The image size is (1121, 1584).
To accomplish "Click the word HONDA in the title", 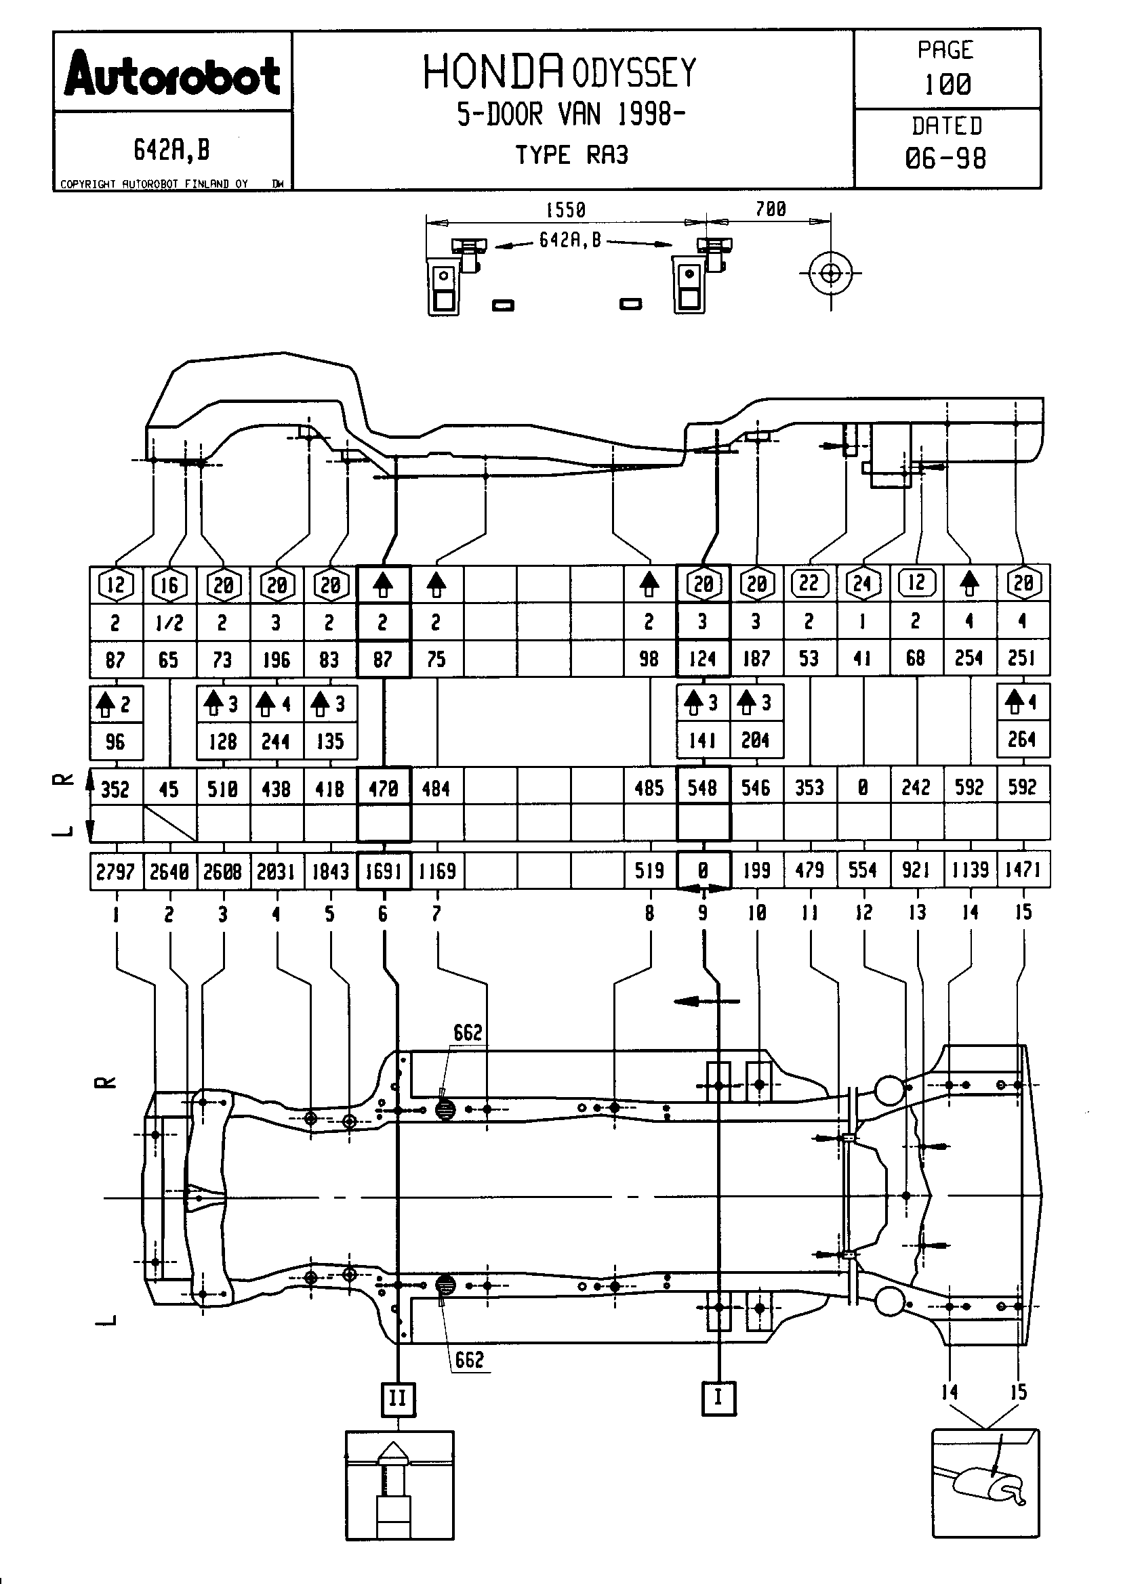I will pyautogui.click(x=492, y=72).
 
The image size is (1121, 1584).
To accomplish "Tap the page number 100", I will pyautogui.click(x=947, y=84).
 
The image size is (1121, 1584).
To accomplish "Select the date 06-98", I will pyautogui.click(x=945, y=158).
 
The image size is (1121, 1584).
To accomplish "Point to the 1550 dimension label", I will pyautogui.click(x=565, y=210).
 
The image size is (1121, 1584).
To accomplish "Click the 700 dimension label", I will pyautogui.click(x=771, y=209).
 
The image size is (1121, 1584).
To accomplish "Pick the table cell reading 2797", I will pyautogui.click(x=115, y=872).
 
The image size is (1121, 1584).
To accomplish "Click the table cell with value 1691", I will pyautogui.click(x=383, y=871).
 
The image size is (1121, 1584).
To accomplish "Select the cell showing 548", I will pyautogui.click(x=703, y=787).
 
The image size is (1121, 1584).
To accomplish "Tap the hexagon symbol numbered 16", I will pyautogui.click(x=169, y=585).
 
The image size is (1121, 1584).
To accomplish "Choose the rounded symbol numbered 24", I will pyautogui.click(x=863, y=584).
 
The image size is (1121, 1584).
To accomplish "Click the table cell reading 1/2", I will pyautogui.click(x=169, y=623).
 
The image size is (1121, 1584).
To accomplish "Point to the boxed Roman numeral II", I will pyautogui.click(x=398, y=1399).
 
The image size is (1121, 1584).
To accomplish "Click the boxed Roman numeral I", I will pyautogui.click(x=718, y=1398).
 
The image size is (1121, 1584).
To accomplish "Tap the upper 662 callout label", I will pyautogui.click(x=468, y=1033).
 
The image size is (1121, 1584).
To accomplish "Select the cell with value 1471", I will pyautogui.click(x=1023, y=870).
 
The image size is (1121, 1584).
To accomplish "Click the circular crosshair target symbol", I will pyautogui.click(x=830, y=273).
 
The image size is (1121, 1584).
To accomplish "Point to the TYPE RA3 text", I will pyautogui.click(x=571, y=155).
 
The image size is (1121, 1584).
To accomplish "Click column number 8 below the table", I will pyautogui.click(x=649, y=913).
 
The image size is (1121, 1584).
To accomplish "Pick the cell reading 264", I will pyautogui.click(x=1022, y=740).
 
